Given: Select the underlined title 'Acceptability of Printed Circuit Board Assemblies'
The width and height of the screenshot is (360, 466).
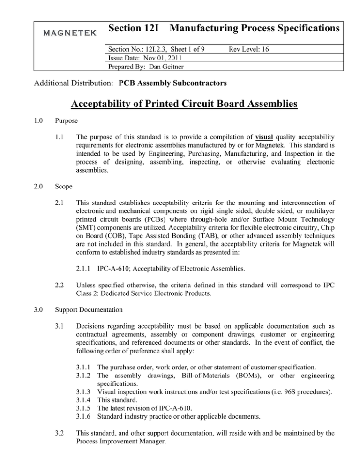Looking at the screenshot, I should pos(180,104).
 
